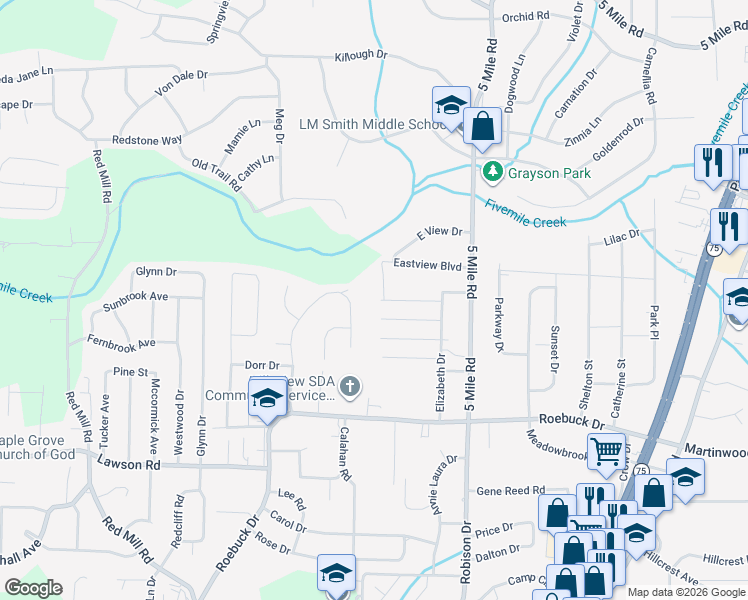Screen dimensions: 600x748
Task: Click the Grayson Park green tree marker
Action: coord(491,173)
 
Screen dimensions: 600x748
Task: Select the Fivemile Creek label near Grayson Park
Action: coord(526,214)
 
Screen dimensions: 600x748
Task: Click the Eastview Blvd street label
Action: coord(427,265)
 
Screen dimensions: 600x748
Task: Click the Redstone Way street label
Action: coord(147,140)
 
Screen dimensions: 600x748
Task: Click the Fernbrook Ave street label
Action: coord(121,343)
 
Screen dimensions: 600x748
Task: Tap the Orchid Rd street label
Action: coord(526,17)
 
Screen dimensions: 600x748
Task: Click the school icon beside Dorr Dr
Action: coord(267,398)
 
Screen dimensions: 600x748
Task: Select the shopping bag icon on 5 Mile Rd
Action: coord(482,126)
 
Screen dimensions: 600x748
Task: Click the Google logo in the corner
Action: coord(33,588)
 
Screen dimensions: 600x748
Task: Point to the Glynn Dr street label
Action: coord(156,271)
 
